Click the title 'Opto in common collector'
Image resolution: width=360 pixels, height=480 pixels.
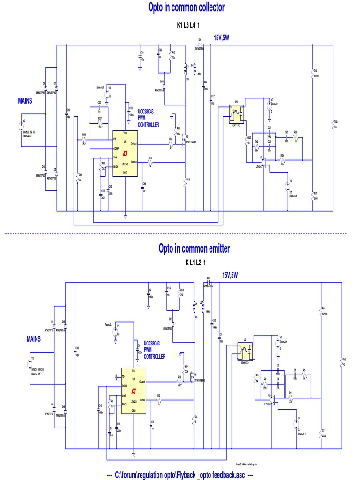(x=186, y=7)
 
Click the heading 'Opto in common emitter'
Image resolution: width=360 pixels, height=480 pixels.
(x=194, y=248)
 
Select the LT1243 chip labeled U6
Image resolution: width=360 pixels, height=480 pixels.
(x=125, y=153)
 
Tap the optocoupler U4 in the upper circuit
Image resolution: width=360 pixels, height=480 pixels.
(x=237, y=112)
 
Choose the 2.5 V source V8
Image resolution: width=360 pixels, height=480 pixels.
(x=289, y=187)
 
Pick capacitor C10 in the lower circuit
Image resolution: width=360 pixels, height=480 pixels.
(x=75, y=351)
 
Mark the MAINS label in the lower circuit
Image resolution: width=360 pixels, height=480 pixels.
(x=33, y=338)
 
